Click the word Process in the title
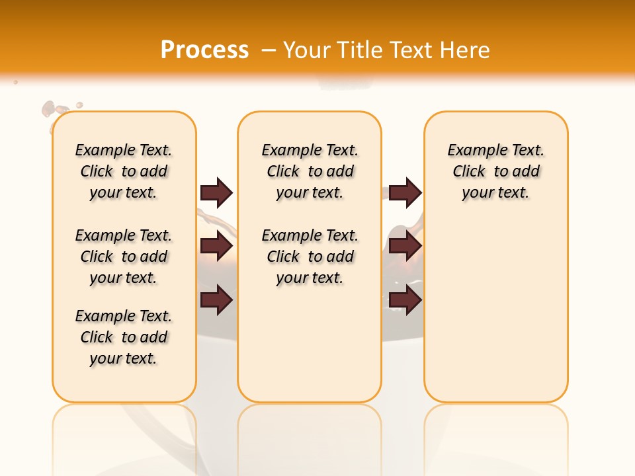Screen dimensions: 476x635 click(204, 50)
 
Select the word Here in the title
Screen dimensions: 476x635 click(466, 50)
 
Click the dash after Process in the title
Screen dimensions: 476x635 click(269, 51)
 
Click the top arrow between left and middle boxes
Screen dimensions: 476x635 click(216, 192)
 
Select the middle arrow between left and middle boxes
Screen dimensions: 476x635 click(216, 247)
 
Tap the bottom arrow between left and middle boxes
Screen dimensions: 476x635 click(216, 301)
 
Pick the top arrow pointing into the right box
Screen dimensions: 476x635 click(405, 192)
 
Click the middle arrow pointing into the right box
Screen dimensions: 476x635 click(405, 247)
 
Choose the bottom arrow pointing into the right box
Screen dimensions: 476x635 click(405, 301)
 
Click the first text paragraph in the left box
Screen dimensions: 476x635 click(124, 171)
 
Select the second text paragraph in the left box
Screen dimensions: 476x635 click(124, 257)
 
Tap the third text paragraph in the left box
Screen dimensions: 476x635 click(124, 337)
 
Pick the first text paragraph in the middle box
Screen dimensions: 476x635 click(310, 171)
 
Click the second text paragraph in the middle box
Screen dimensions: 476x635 click(310, 257)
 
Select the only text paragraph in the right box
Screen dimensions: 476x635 click(496, 171)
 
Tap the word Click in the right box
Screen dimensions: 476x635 click(469, 172)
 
